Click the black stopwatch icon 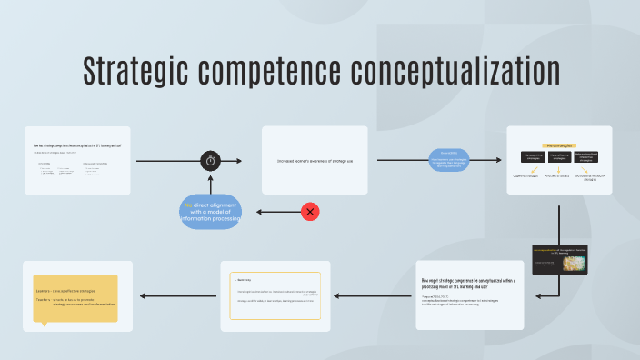coord(211,161)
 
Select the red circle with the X coord(311,212)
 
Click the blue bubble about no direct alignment coord(211,211)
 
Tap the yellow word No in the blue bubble coord(186,205)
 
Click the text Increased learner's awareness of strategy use coord(315,161)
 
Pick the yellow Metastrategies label coord(559,145)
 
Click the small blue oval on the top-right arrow coord(449,161)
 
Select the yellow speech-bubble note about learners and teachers coord(75,299)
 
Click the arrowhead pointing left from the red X coord(260,212)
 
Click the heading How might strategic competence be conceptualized coord(468,283)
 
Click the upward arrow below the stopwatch coord(211,182)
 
